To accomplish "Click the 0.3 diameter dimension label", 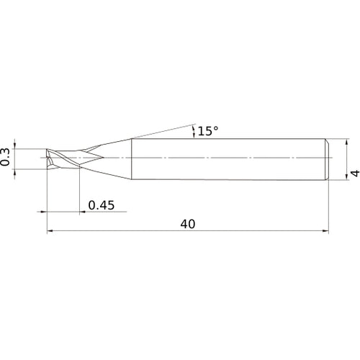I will [x=6, y=157].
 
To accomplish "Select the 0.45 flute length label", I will [x=102, y=205].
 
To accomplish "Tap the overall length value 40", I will [x=189, y=225].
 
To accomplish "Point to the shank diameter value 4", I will [x=354, y=173].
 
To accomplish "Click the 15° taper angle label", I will [x=207, y=131].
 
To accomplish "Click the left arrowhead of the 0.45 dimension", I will [x=42, y=212].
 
